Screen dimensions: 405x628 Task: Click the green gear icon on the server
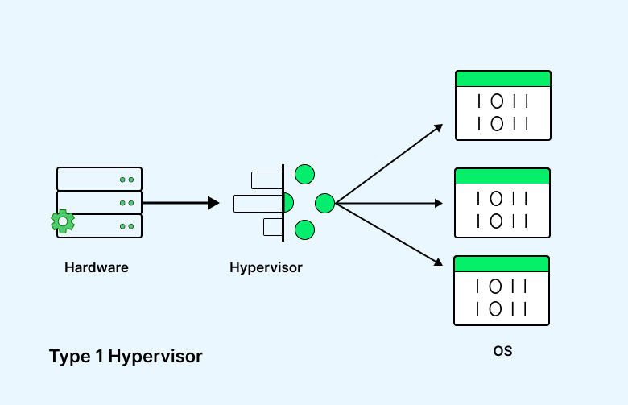click(x=62, y=221)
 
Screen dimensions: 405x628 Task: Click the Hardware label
click(x=97, y=267)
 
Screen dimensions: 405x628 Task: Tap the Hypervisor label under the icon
click(x=266, y=267)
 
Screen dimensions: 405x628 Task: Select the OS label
click(x=502, y=351)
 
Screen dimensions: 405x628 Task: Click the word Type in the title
click(x=75, y=356)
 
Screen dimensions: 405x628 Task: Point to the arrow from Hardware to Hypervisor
click(x=180, y=203)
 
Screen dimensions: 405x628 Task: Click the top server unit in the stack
click(x=99, y=179)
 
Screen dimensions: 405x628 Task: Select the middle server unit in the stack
click(x=99, y=202)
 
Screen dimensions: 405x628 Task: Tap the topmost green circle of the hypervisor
click(x=304, y=173)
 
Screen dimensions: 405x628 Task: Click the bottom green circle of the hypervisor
click(x=304, y=230)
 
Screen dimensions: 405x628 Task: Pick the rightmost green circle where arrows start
click(x=324, y=203)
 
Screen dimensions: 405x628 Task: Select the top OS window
click(x=502, y=105)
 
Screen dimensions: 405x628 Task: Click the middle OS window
click(x=502, y=203)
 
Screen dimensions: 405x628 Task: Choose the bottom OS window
click(x=502, y=291)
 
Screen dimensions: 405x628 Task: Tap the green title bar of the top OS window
click(x=502, y=79)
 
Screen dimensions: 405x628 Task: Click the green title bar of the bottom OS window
click(x=502, y=264)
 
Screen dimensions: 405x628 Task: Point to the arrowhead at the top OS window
click(x=439, y=126)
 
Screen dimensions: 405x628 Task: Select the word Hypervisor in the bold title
click(x=155, y=356)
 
